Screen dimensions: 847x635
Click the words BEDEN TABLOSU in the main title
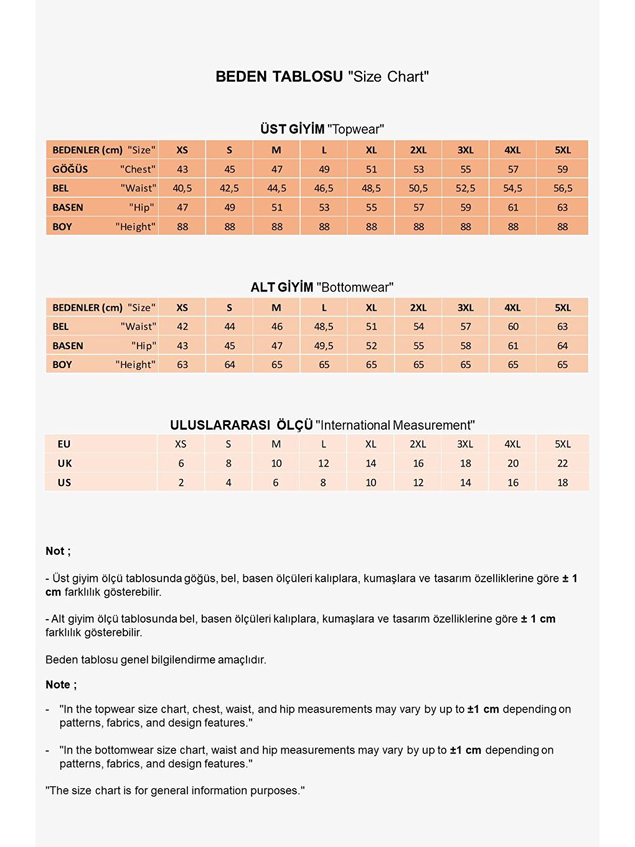coord(279,77)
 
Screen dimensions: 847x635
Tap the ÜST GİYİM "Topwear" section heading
coord(322,129)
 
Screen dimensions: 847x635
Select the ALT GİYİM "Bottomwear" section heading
coord(322,287)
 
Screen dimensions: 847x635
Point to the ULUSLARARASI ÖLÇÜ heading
coord(242,425)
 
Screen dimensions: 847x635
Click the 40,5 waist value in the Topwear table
coord(182,188)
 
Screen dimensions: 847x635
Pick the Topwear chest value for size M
coord(277,169)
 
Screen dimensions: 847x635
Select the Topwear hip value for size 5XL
coord(562,207)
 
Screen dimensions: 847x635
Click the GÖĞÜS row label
coord(70,169)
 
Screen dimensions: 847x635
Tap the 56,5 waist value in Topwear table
coord(562,188)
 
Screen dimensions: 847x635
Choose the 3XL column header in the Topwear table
coord(466,150)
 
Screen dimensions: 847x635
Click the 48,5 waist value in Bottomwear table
coord(324,326)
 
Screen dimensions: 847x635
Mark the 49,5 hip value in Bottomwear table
coord(324,346)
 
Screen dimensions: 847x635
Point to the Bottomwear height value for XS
coord(182,364)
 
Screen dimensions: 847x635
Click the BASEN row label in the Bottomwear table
coord(68,346)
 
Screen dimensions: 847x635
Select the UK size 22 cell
coord(562,463)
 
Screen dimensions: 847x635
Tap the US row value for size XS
coord(181,483)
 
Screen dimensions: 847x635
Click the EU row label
coord(64,444)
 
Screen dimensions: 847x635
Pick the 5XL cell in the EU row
coord(562,444)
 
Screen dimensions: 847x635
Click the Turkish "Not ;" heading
coord(58,551)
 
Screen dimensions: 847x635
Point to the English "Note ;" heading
coord(61,684)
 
